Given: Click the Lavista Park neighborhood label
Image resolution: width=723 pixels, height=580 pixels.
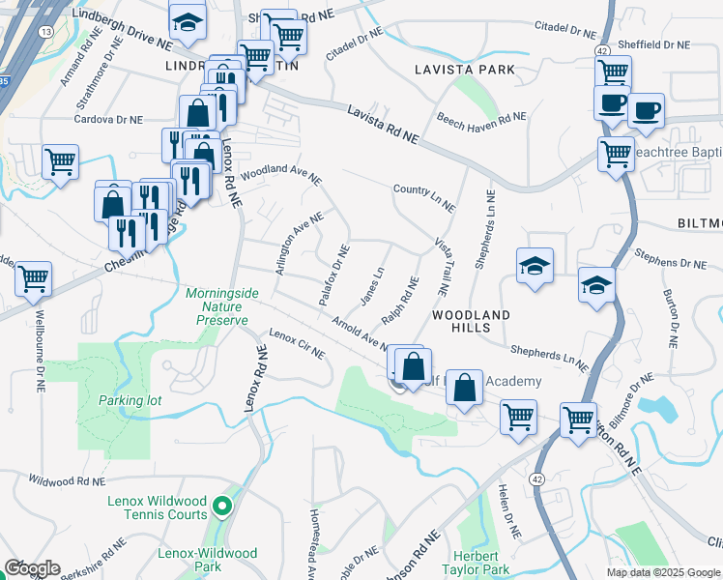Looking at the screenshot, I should (x=463, y=70).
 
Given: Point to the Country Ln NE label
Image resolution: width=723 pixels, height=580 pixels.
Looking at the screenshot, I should (x=424, y=197).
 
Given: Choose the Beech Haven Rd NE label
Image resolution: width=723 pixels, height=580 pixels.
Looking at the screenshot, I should (x=481, y=121).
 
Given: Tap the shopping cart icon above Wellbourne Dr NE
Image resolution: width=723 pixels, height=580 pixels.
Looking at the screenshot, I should (x=34, y=278).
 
